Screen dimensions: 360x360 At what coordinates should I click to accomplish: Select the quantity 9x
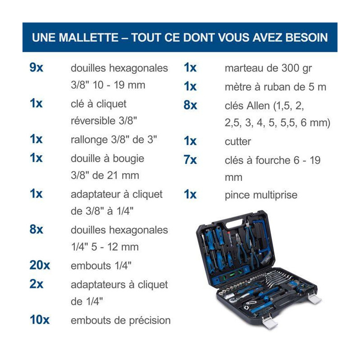coord(36,67)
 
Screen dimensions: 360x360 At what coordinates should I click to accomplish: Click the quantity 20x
coord(40,265)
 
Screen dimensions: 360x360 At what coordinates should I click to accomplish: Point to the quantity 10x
coord(40,319)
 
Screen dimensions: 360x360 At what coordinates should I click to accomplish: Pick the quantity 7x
coord(190,160)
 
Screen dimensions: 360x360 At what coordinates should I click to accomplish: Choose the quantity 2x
coord(36,284)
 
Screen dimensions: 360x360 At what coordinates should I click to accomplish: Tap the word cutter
coord(238,142)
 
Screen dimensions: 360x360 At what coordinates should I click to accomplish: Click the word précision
coord(150,321)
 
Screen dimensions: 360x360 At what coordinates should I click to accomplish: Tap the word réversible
coord(93,121)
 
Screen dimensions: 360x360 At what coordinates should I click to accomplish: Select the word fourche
coord(273,160)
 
